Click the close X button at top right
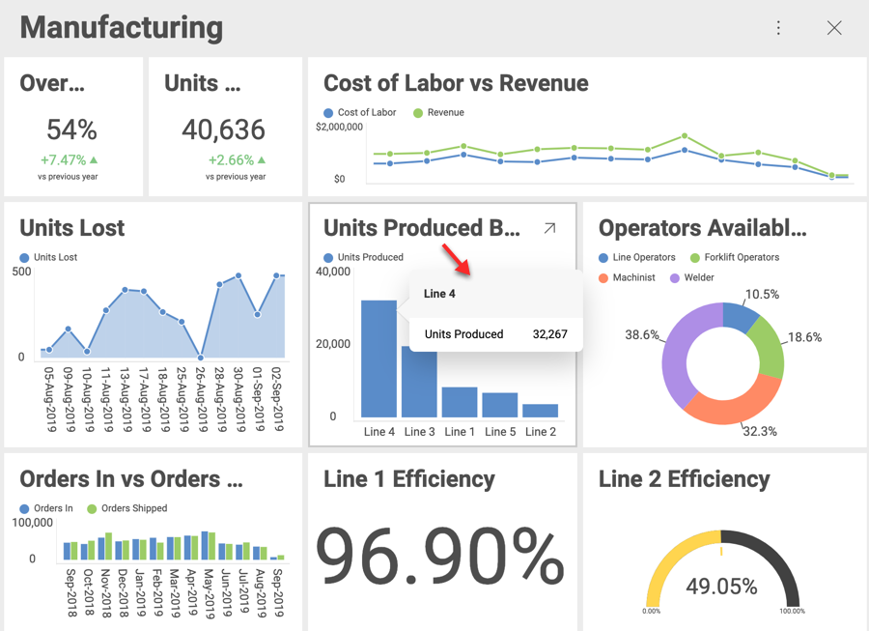(834, 28)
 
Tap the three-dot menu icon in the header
(778, 28)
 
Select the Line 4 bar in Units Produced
(378, 358)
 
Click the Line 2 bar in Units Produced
(540, 411)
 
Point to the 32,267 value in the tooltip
(549, 334)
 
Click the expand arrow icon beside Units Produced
(549, 228)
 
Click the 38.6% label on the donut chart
(642, 335)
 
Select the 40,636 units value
(224, 129)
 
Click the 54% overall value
(72, 129)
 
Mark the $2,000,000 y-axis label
(339, 127)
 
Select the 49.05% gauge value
(721, 586)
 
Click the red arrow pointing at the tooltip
(456, 260)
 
